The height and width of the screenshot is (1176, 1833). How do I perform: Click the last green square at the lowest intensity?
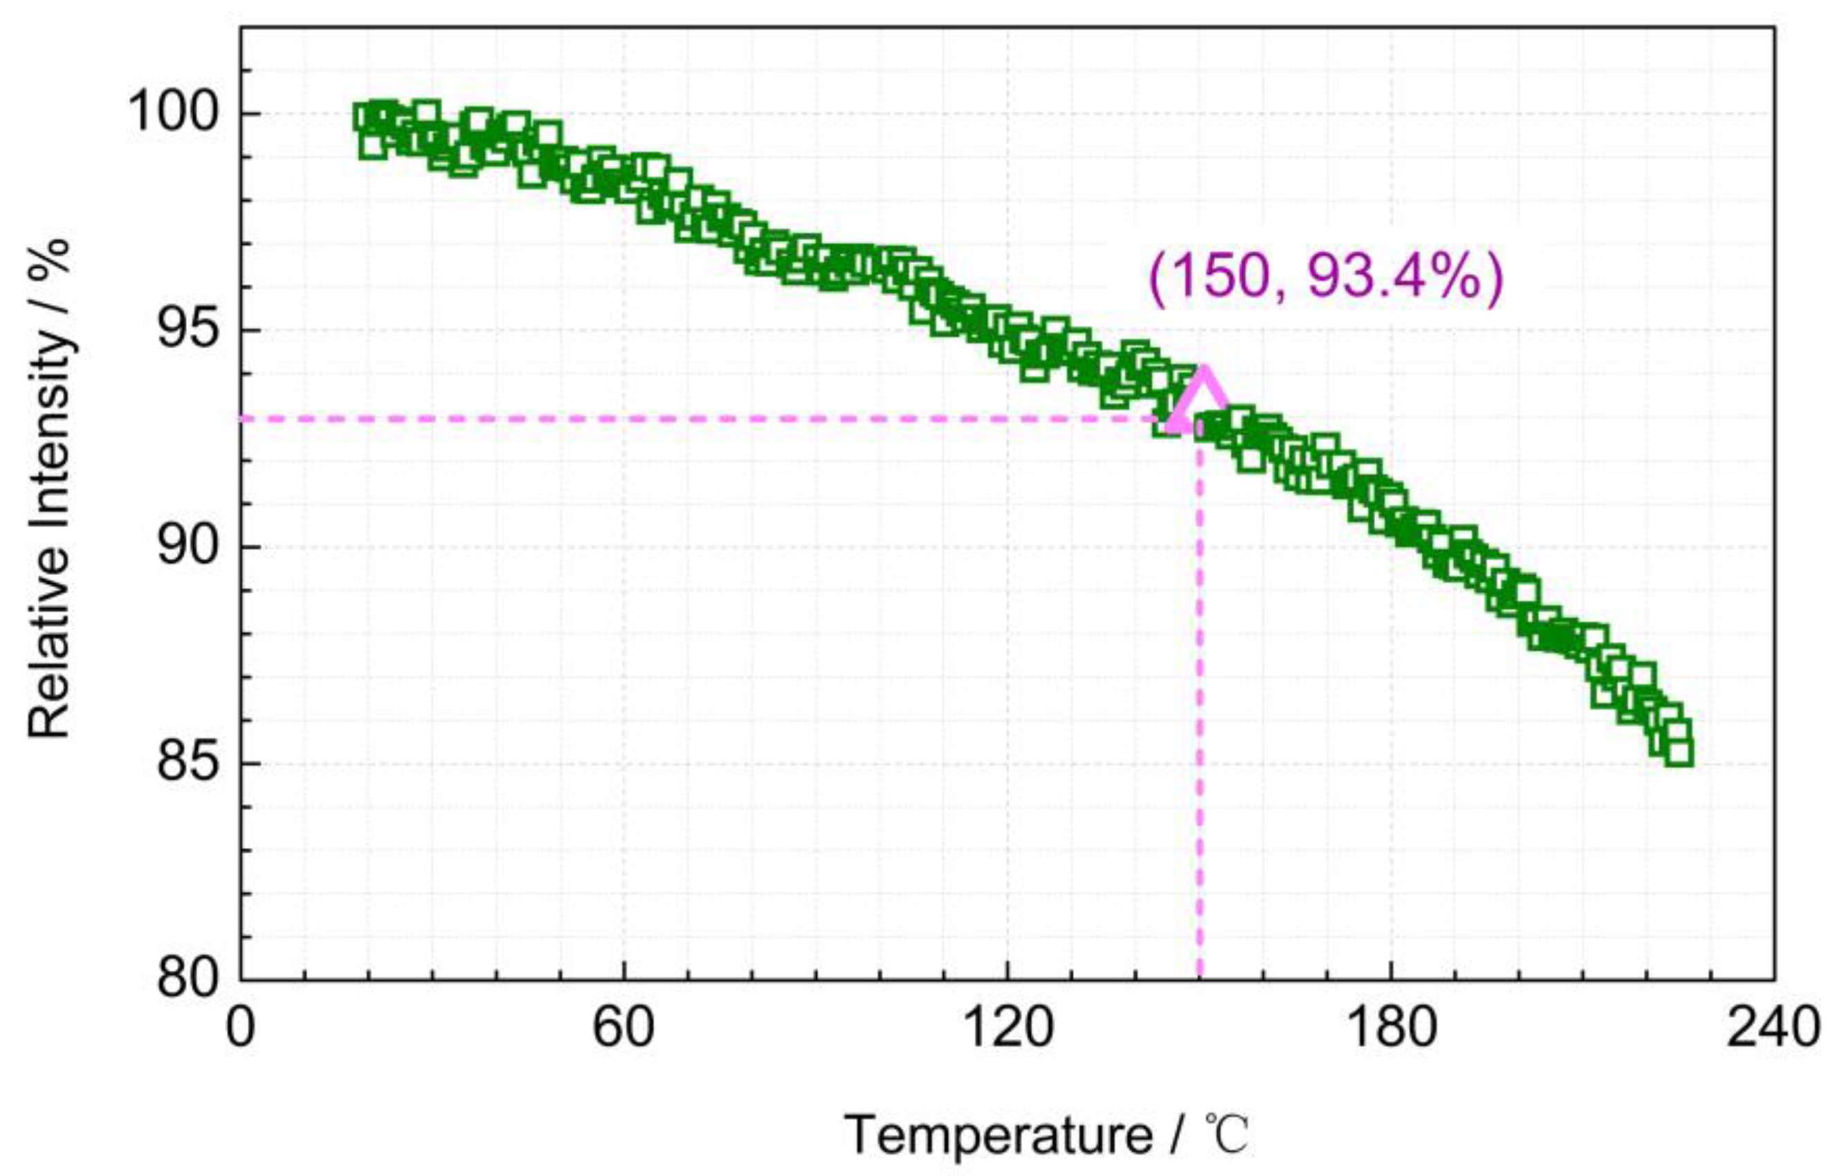(x=1679, y=752)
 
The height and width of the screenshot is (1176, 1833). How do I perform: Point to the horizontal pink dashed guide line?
(x=687, y=419)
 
